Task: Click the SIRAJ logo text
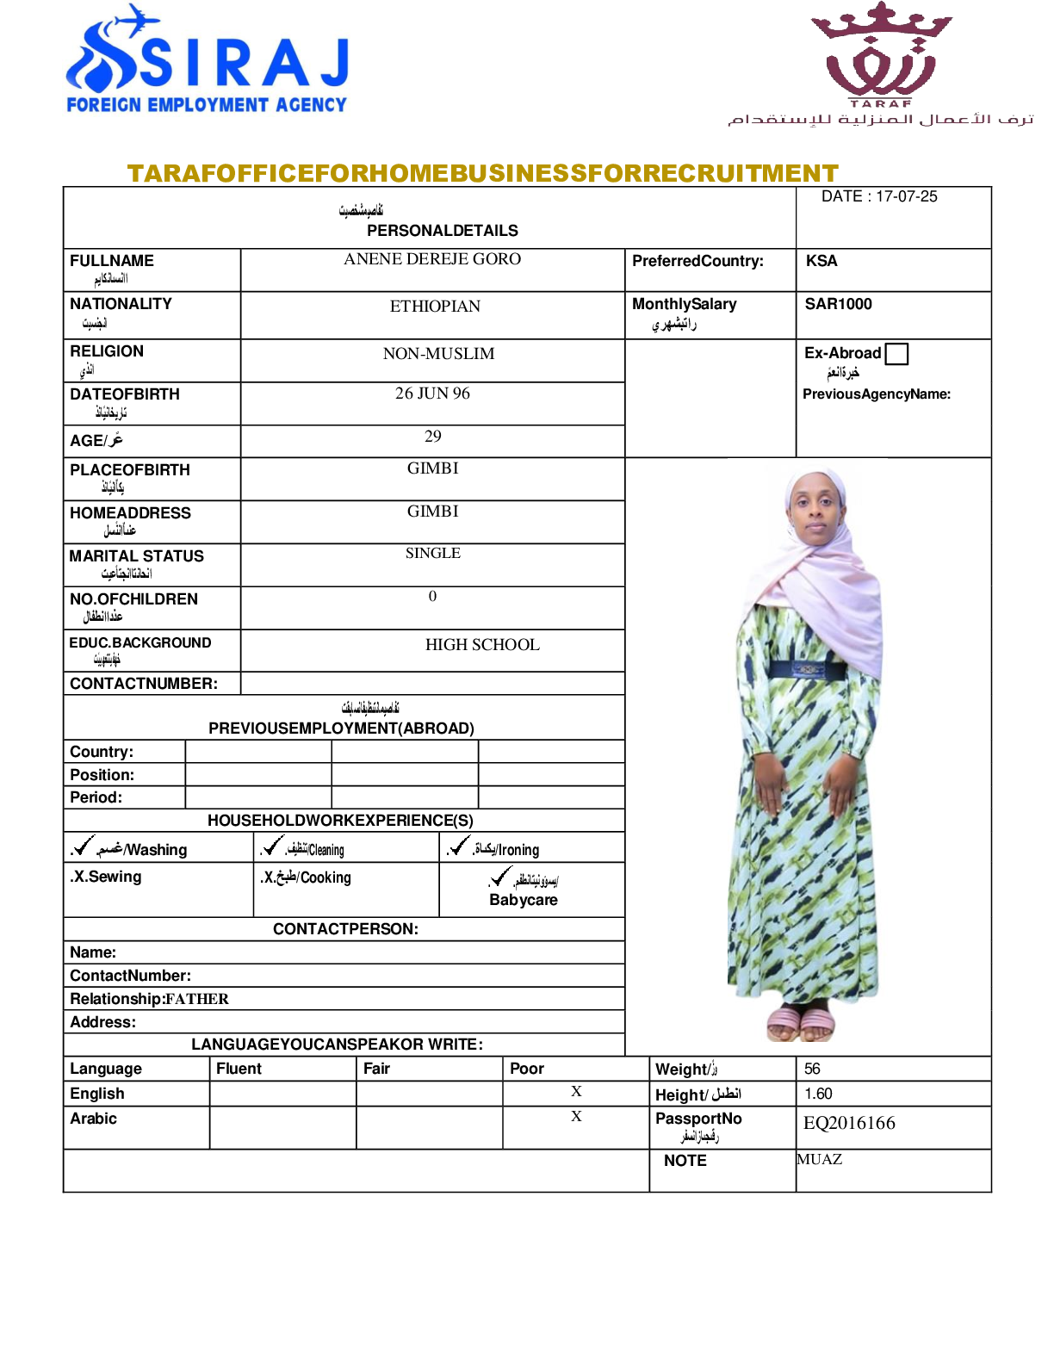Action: coord(245,62)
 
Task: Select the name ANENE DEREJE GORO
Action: coord(432,259)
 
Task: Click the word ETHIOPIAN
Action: coord(435,307)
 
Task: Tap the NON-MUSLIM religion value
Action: coord(438,354)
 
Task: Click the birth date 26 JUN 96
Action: coord(432,394)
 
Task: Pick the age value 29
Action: coord(432,437)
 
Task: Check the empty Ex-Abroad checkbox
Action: coord(896,354)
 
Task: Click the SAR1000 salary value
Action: coord(838,304)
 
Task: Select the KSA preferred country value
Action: coord(821,261)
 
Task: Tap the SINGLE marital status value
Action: coord(432,553)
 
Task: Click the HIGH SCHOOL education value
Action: coord(482,645)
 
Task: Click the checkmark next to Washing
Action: coord(84,846)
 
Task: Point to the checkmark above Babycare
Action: coord(500,877)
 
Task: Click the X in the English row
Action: coord(576,1091)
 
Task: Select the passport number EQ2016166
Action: coord(849,1123)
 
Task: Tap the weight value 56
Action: coord(812,1069)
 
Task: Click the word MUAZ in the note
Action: coord(820,1159)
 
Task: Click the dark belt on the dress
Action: coord(807,669)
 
